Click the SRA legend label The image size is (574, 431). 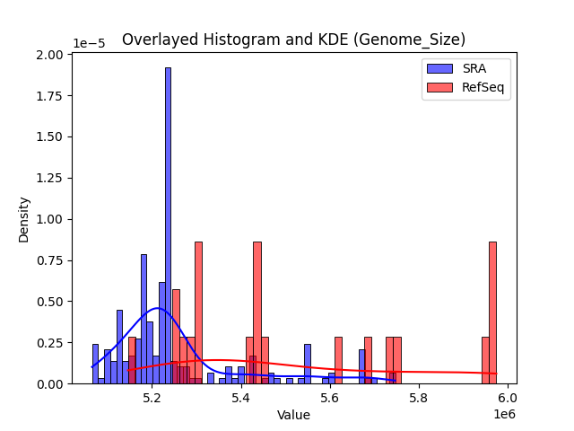click(x=474, y=67)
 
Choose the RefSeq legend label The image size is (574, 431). click(x=483, y=86)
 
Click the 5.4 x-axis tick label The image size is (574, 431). click(x=241, y=397)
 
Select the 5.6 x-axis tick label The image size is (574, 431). click(x=330, y=397)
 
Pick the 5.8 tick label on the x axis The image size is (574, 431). click(x=419, y=397)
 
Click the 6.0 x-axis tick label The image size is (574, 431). click(x=508, y=397)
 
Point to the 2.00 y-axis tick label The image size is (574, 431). click(x=50, y=55)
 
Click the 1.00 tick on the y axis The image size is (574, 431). click(x=50, y=219)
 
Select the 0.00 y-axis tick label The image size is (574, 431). click(x=50, y=383)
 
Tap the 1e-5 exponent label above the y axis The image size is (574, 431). click(x=89, y=43)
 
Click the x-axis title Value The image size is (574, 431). click(x=293, y=415)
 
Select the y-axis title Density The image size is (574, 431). click(x=23, y=219)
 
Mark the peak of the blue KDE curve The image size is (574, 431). click(x=157, y=308)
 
